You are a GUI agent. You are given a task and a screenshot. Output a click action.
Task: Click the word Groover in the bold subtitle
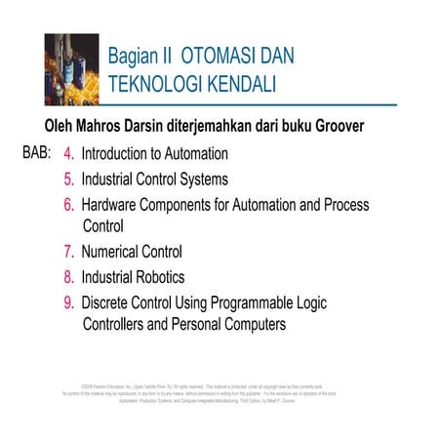[338, 127]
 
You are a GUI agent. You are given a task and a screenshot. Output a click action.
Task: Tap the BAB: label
[37, 153]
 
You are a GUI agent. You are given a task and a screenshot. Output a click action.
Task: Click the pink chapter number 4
[68, 154]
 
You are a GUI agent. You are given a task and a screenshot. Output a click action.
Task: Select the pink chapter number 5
[68, 180]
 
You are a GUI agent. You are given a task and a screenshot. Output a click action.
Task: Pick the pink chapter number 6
[68, 205]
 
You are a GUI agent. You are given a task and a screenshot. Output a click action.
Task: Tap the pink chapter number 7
[68, 252]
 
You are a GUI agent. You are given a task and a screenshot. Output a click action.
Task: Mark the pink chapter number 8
[68, 277]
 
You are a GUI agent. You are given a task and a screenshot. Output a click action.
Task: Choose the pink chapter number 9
[68, 301]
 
